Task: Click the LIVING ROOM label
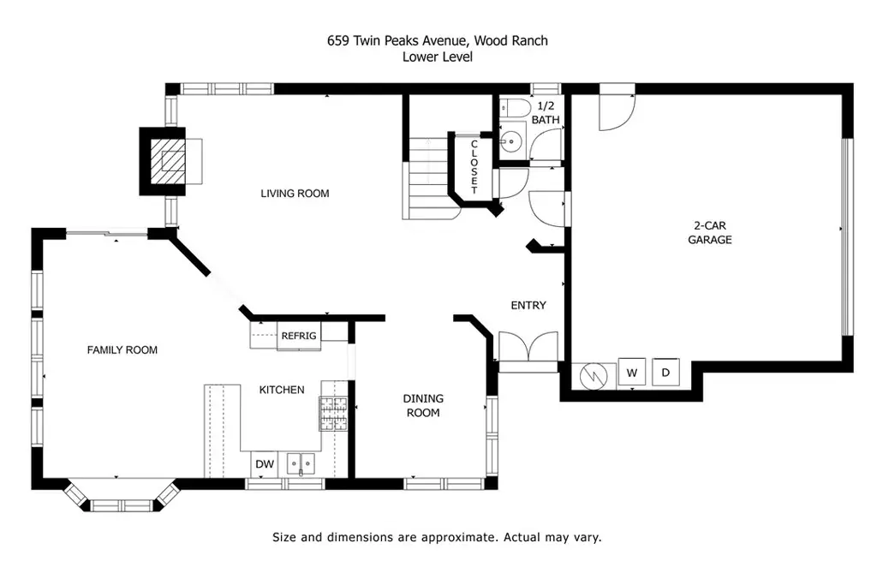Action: [x=295, y=194]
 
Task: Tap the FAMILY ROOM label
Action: [x=122, y=350]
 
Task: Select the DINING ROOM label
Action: [x=423, y=405]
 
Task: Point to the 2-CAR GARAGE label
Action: [x=710, y=233]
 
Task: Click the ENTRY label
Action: [x=528, y=306]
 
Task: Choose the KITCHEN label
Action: [x=282, y=390]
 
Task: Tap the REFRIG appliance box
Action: [x=299, y=336]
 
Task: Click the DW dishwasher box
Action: [x=265, y=464]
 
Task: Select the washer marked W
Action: [x=632, y=373]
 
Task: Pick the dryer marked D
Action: [x=665, y=373]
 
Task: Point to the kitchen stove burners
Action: [x=333, y=414]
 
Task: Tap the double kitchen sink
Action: [x=301, y=464]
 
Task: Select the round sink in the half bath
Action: [x=510, y=141]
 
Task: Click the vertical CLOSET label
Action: [x=474, y=167]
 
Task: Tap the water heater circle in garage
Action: [x=594, y=376]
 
